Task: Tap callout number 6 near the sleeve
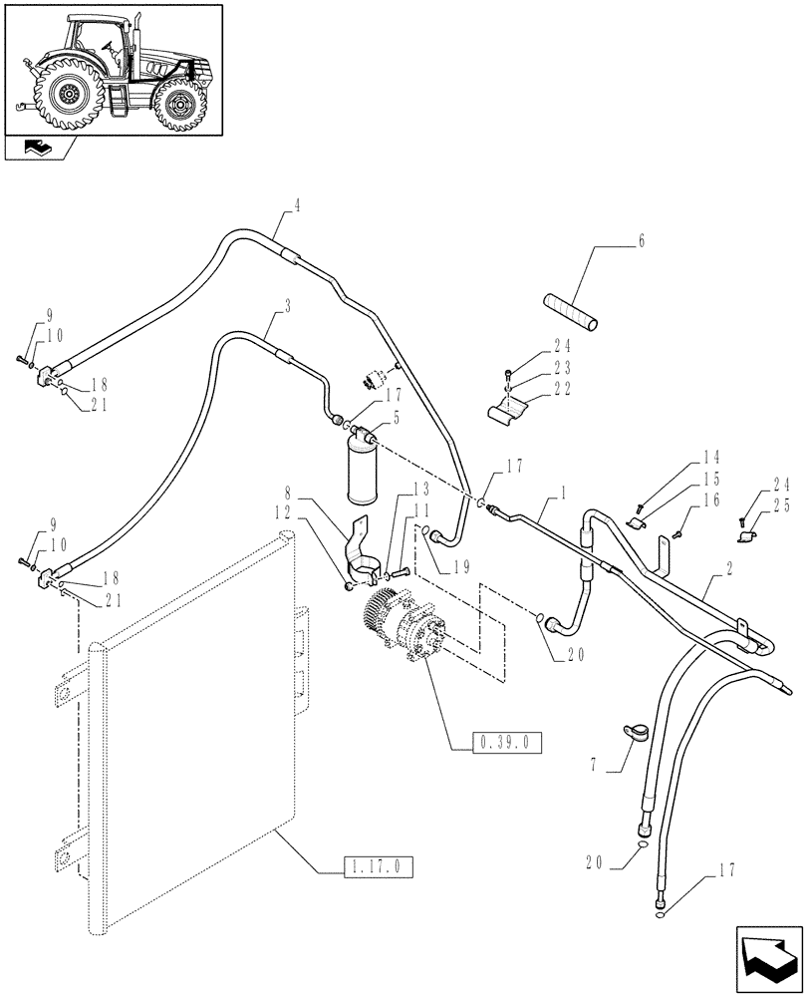click(x=642, y=242)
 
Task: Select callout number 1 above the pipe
click(x=566, y=492)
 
